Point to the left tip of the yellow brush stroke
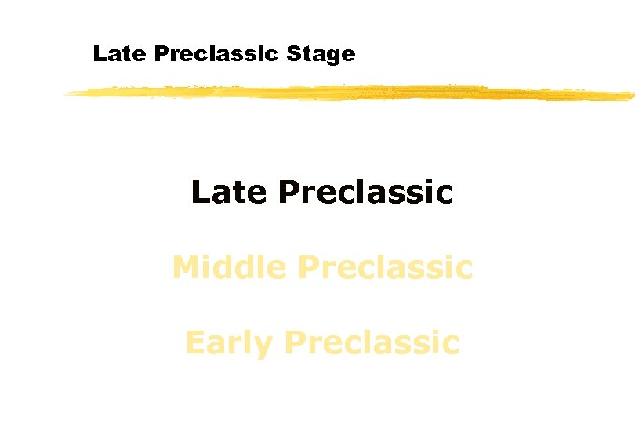67,94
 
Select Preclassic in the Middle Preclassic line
386,267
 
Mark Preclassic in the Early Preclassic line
372,342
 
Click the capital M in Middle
186,267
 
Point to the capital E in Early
193,342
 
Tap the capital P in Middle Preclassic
309,267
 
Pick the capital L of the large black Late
199,192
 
